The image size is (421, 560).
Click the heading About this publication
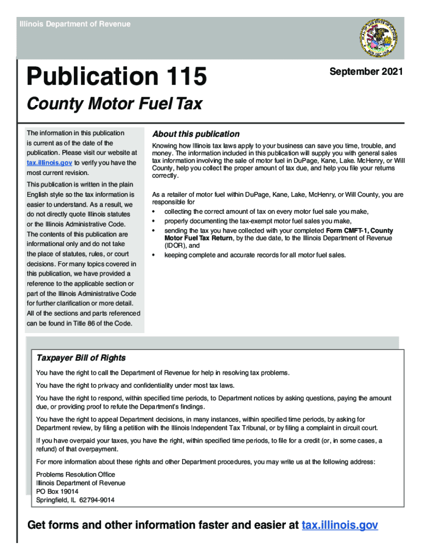click(x=196, y=134)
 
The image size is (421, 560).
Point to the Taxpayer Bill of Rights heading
click(x=81, y=358)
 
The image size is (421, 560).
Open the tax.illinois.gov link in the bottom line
click(x=340, y=526)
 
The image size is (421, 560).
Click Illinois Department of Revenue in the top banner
click(x=75, y=24)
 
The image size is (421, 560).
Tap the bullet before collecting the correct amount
click(x=154, y=212)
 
